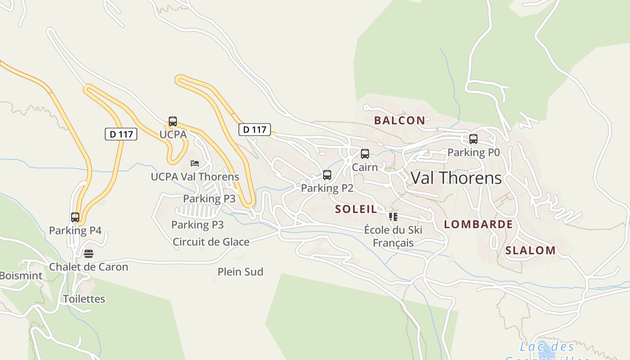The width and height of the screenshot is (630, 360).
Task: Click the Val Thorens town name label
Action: tap(456, 178)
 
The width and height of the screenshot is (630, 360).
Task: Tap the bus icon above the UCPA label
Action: tap(173, 121)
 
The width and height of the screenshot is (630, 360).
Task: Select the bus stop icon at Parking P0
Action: tap(473, 139)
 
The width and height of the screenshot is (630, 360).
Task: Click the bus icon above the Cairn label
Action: tap(365, 154)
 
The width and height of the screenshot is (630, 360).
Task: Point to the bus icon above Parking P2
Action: tap(327, 175)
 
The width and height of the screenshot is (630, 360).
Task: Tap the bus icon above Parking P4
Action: tap(75, 217)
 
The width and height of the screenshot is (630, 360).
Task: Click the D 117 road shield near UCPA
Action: tap(121, 134)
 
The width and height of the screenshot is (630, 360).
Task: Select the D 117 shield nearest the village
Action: tap(255, 130)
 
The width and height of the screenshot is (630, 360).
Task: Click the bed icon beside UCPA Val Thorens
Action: tap(195, 163)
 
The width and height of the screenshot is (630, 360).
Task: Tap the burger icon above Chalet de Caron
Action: tap(89, 254)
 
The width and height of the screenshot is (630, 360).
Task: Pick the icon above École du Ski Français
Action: tap(393, 217)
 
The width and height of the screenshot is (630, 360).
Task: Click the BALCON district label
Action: tap(400, 120)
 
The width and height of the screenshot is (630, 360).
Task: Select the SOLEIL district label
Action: tap(355, 209)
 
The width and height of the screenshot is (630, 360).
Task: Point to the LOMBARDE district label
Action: tap(478, 224)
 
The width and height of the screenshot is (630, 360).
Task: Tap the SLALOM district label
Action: tap(530, 251)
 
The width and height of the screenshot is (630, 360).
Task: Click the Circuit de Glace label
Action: tap(211, 242)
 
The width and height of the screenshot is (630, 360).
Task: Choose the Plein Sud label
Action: tap(240, 272)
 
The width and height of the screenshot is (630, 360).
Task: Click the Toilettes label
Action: tap(84, 299)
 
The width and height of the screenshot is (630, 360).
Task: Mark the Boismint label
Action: tap(21, 276)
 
